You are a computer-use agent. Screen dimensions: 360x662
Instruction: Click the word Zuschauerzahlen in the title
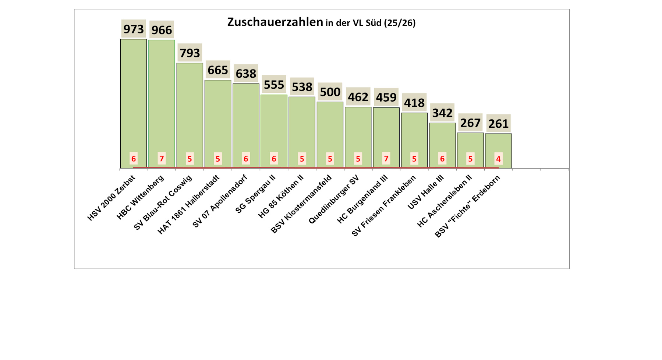pos(275,22)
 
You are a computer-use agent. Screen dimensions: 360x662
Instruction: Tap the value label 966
pos(162,30)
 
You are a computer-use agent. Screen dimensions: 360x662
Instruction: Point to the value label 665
pos(218,70)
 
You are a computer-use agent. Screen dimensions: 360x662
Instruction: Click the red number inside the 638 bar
pos(246,159)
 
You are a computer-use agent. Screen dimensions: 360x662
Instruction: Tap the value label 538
pos(302,87)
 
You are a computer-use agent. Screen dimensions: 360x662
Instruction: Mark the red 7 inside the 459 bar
pos(386,159)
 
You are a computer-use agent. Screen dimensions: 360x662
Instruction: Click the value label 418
pos(414,103)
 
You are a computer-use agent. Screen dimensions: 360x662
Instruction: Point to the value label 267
pos(470,123)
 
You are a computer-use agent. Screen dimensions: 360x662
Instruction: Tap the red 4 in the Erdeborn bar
pos(498,159)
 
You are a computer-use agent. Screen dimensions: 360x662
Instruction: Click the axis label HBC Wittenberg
pos(141,197)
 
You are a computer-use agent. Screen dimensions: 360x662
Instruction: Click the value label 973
pos(134,29)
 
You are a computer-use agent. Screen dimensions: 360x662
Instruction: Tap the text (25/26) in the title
pos(400,23)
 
